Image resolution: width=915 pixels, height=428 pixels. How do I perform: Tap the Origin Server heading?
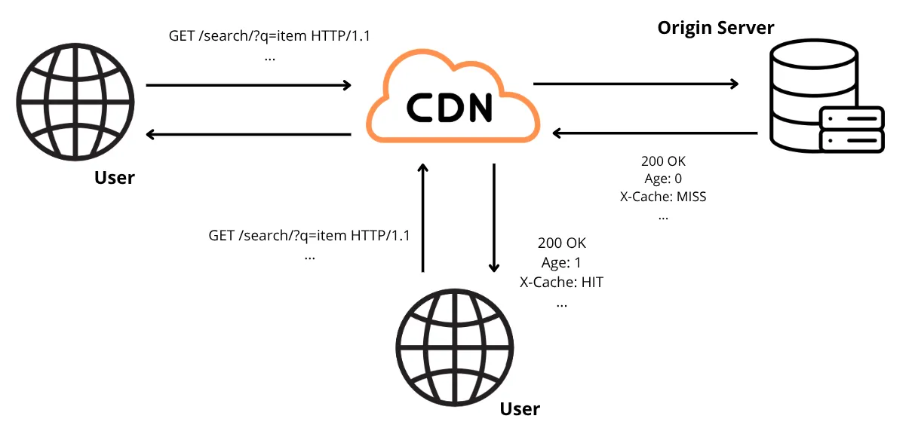point(715,28)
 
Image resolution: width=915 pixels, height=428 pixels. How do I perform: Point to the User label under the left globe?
point(115,178)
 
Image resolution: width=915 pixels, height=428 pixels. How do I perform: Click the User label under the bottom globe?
point(520,409)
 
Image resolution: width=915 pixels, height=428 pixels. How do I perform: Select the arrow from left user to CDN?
point(249,85)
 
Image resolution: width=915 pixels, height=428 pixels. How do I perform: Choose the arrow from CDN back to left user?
point(249,135)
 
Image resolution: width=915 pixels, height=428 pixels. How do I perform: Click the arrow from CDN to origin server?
point(635,84)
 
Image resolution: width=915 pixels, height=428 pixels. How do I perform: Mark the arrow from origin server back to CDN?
point(655,133)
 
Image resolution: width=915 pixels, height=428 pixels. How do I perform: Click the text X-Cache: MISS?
point(662,197)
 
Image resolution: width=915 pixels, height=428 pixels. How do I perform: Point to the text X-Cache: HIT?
point(561,283)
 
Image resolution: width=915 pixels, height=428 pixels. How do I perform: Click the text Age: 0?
point(662,179)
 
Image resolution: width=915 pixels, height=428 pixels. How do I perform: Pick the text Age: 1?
point(561,263)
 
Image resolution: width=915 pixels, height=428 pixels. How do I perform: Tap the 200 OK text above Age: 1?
point(561,243)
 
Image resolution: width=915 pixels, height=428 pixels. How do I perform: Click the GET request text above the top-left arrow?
point(270,36)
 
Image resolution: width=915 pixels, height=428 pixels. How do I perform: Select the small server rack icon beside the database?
point(851,129)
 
